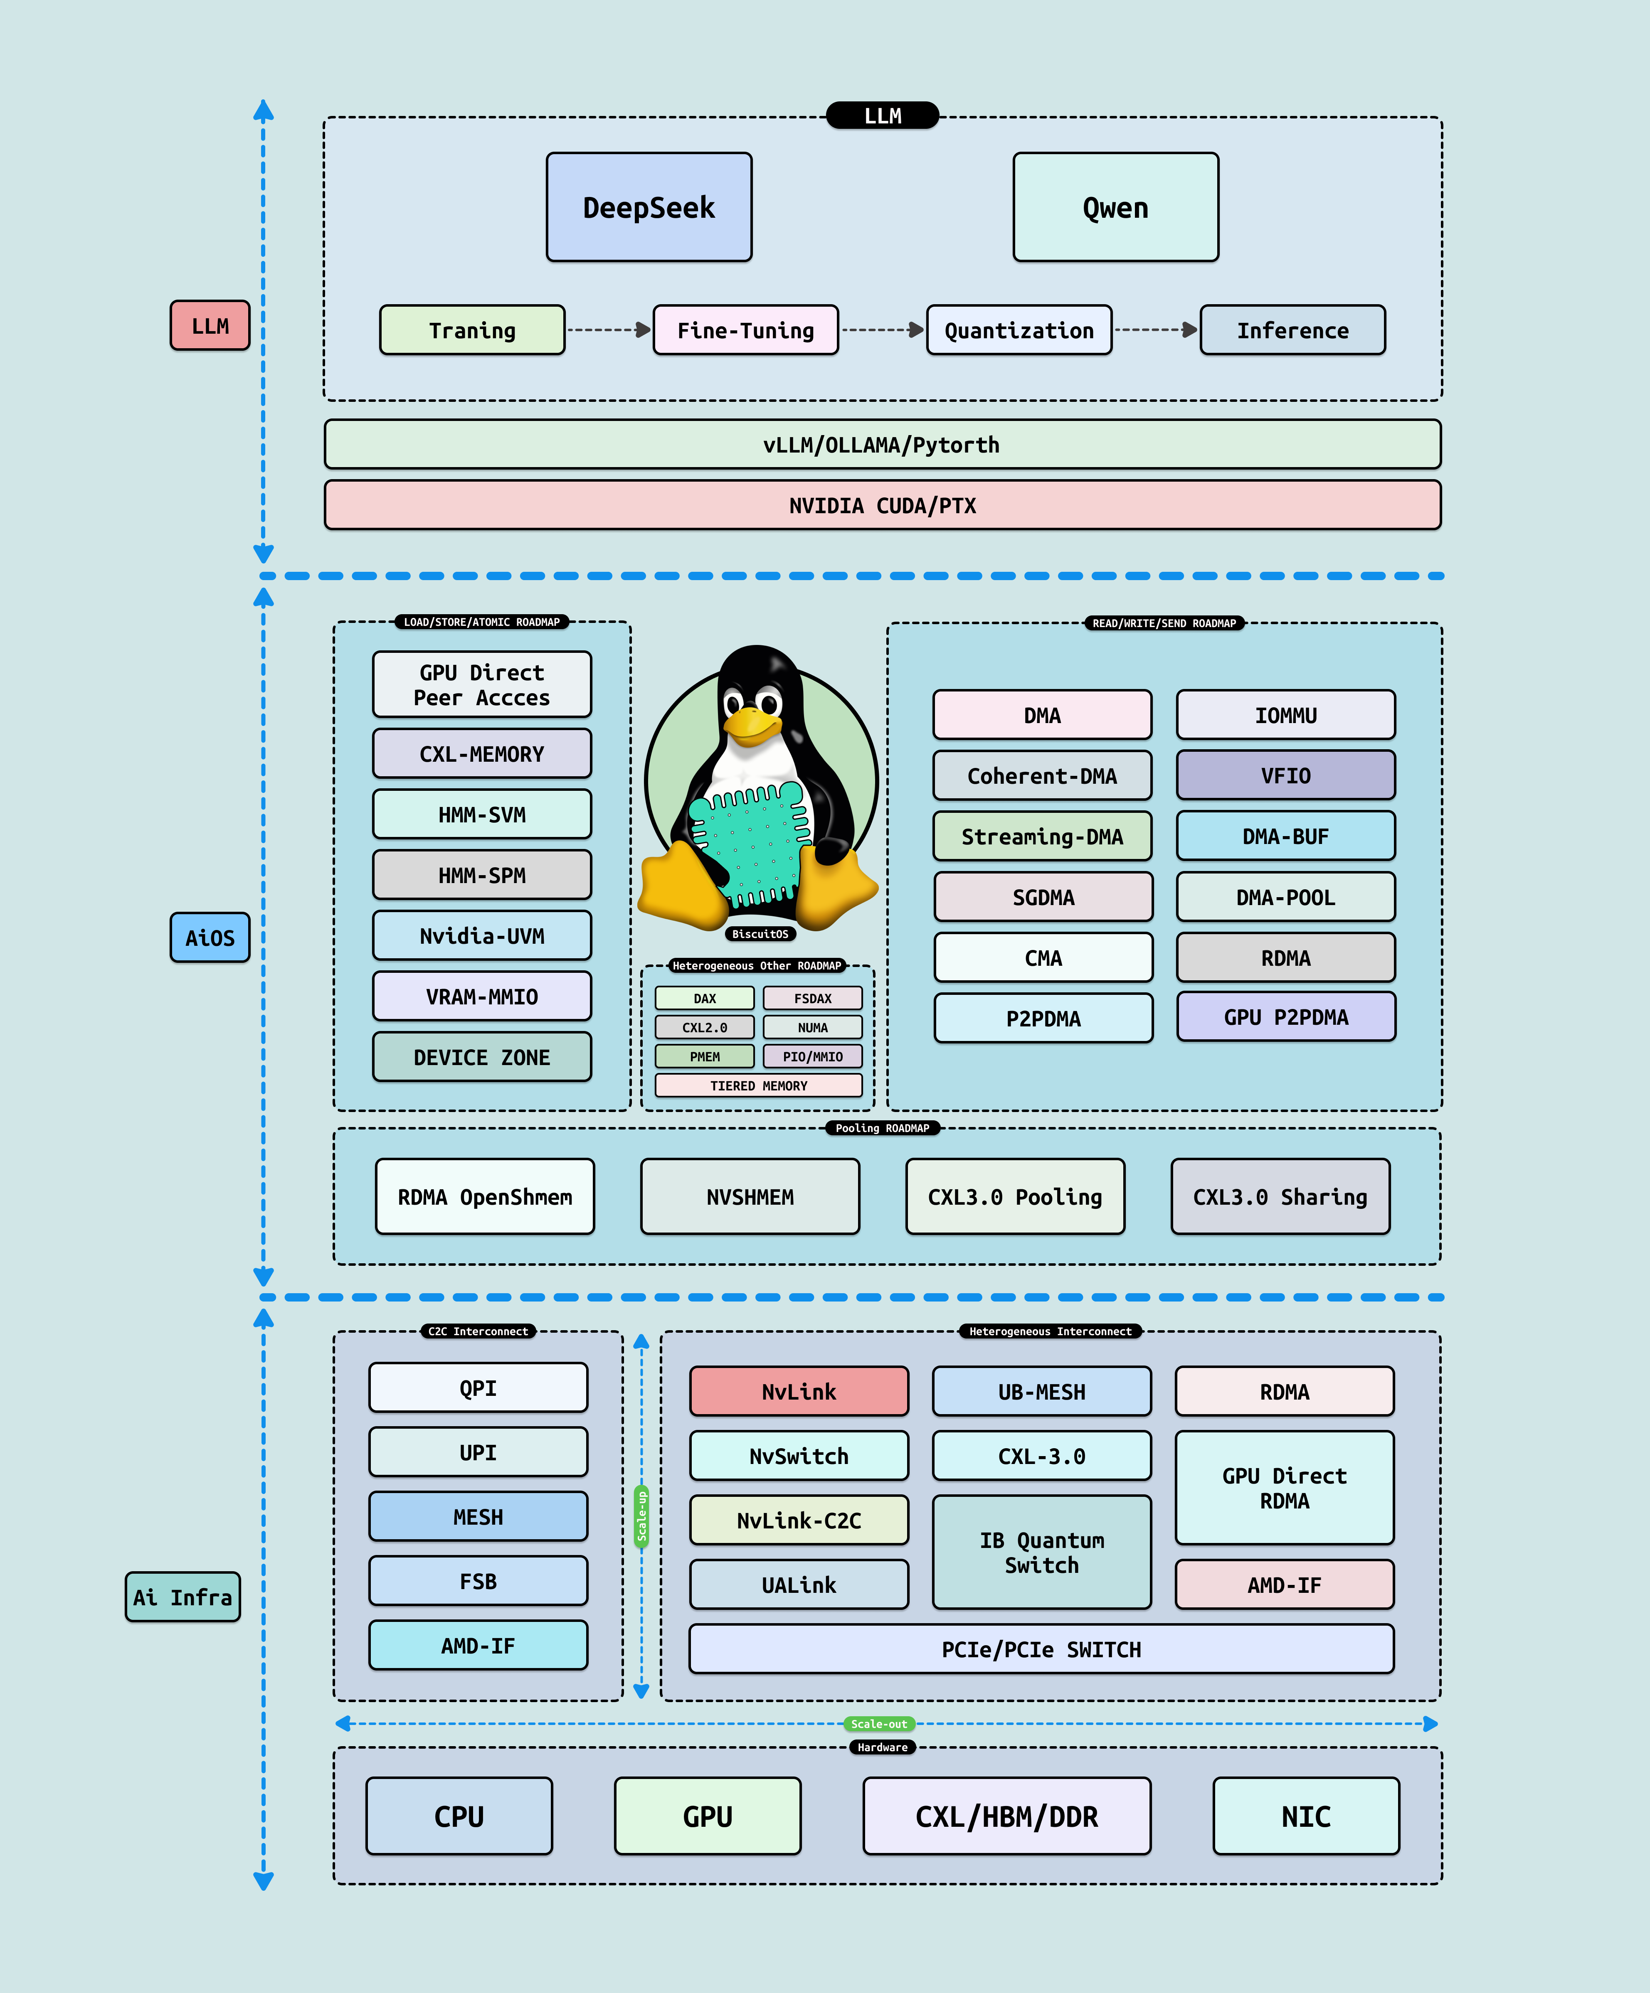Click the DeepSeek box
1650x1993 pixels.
[x=649, y=207]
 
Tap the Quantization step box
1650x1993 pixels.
[x=1019, y=330]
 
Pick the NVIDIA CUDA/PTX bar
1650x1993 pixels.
[x=882, y=505]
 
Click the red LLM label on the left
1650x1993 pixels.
[x=210, y=325]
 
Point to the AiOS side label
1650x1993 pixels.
[x=210, y=937]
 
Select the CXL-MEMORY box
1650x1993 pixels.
[x=481, y=753]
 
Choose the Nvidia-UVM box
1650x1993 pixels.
[x=481, y=936]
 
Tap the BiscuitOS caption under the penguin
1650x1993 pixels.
[x=760, y=934]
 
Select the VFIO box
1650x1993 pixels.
[x=1285, y=775]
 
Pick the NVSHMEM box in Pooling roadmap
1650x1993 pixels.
[x=750, y=1197]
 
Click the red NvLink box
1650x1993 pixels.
[x=799, y=1391]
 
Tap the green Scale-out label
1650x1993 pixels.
[x=879, y=1723]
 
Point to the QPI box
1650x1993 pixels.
[x=478, y=1388]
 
